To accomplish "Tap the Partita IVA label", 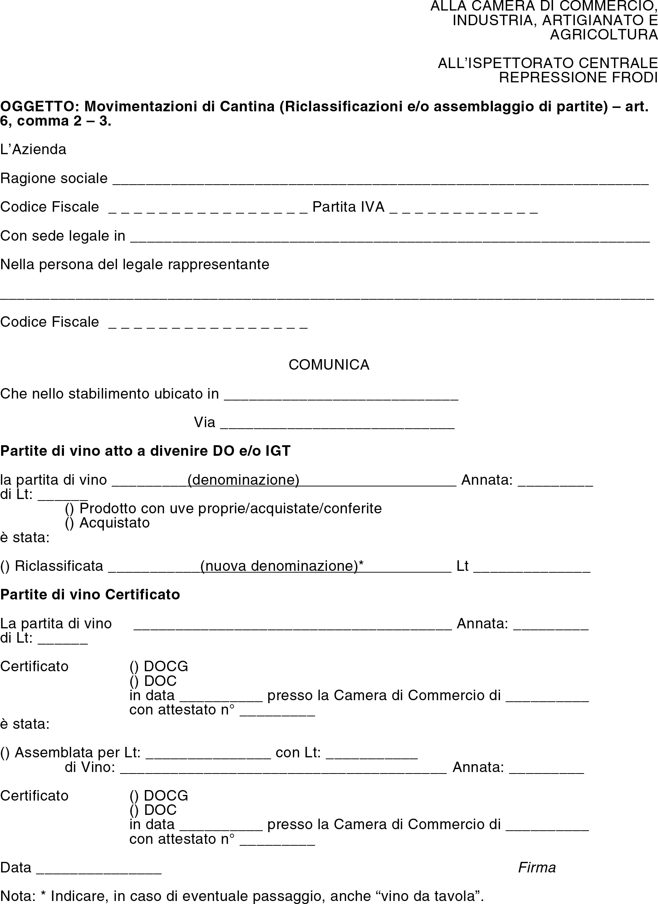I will pyautogui.click(x=348, y=207).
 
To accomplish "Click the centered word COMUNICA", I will pyautogui.click(x=329, y=365).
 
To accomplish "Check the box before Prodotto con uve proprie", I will pyautogui.click(x=69, y=509).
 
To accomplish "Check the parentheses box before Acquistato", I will pyautogui.click(x=69, y=523).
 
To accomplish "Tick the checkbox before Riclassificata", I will pyautogui.click(x=5, y=566).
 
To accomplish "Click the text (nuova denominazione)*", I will pyautogui.click(x=281, y=566).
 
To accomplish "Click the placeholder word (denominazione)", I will pyautogui.click(x=243, y=480).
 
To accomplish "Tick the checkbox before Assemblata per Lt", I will pyautogui.click(x=5, y=752).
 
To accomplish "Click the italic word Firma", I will pyautogui.click(x=537, y=868).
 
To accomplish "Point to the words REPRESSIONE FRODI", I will pyautogui.click(x=578, y=77).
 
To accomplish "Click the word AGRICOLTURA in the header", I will pyautogui.click(x=604, y=35).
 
